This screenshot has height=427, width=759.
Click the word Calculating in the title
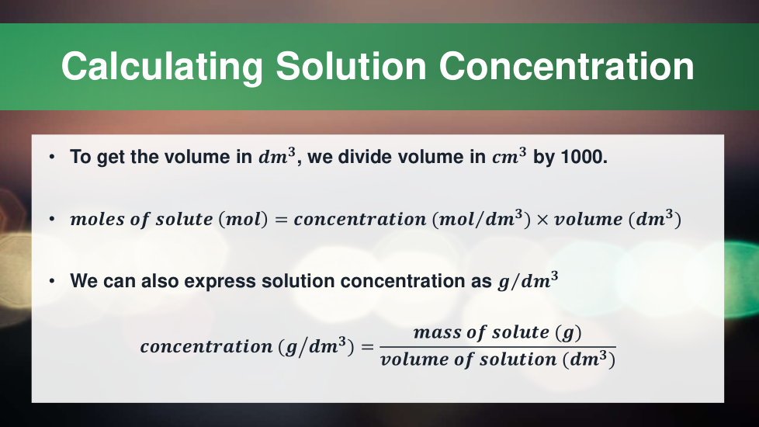pyautogui.click(x=161, y=67)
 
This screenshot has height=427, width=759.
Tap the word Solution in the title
pyautogui.click(x=351, y=66)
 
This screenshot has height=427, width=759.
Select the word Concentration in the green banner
pyautogui.click(x=567, y=66)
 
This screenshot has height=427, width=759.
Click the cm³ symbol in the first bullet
pyautogui.click(x=509, y=156)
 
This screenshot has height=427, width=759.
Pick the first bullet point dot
pyautogui.click(x=52, y=157)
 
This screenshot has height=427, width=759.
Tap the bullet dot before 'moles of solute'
pyautogui.click(x=52, y=219)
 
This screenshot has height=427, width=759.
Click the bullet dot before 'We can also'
pyautogui.click(x=52, y=281)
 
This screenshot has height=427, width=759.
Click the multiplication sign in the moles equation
pyautogui.click(x=542, y=220)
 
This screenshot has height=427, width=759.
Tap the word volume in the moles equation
pyautogui.click(x=588, y=219)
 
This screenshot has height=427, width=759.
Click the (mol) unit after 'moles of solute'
pyautogui.click(x=243, y=219)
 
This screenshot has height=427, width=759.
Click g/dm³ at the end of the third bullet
pyautogui.click(x=528, y=280)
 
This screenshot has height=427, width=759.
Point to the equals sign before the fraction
pyautogui.click(x=367, y=347)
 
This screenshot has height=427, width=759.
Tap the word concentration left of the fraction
pyautogui.click(x=206, y=346)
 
